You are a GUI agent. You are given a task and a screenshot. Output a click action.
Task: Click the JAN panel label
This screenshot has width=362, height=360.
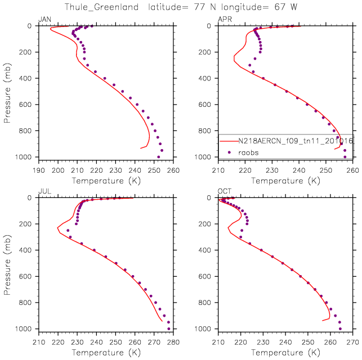point(44,20)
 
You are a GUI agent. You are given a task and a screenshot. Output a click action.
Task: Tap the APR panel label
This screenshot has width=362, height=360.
point(225,20)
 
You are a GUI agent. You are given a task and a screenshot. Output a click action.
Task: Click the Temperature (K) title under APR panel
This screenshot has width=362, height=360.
point(286,181)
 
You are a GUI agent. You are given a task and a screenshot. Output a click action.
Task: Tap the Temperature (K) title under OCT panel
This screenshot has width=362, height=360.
point(286,353)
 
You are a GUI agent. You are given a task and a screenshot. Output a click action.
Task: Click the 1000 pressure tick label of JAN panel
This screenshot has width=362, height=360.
point(26,157)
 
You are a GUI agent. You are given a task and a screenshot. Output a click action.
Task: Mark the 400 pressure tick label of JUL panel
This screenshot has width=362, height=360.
point(28,250)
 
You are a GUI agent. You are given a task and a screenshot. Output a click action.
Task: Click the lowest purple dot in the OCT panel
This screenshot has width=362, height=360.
point(340,328)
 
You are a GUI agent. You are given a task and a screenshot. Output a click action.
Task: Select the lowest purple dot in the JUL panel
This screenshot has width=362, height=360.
point(169,328)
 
